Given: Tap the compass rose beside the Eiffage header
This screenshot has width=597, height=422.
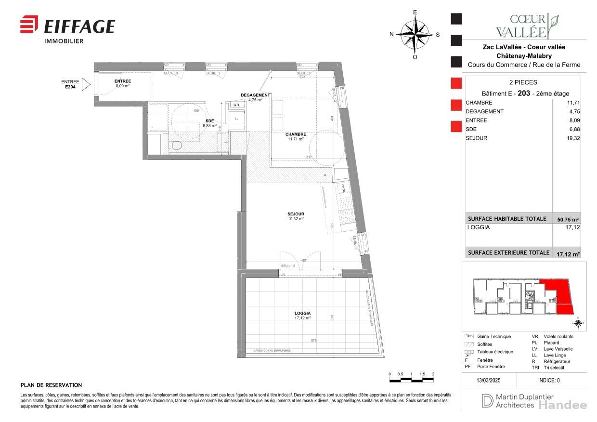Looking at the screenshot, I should [415, 34].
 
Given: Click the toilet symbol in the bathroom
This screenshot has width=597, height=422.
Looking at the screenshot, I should [176, 145].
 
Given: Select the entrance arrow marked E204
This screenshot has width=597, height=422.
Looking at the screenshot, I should [86, 85].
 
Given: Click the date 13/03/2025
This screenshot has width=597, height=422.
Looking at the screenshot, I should [489, 380].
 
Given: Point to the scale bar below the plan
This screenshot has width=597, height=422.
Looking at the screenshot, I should [412, 380].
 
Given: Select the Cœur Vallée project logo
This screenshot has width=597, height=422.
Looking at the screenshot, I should [528, 26].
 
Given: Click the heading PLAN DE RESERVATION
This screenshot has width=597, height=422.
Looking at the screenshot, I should [51, 385].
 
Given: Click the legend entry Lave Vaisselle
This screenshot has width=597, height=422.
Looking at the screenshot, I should [558, 349].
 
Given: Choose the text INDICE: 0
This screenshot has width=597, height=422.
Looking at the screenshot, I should [549, 380].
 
